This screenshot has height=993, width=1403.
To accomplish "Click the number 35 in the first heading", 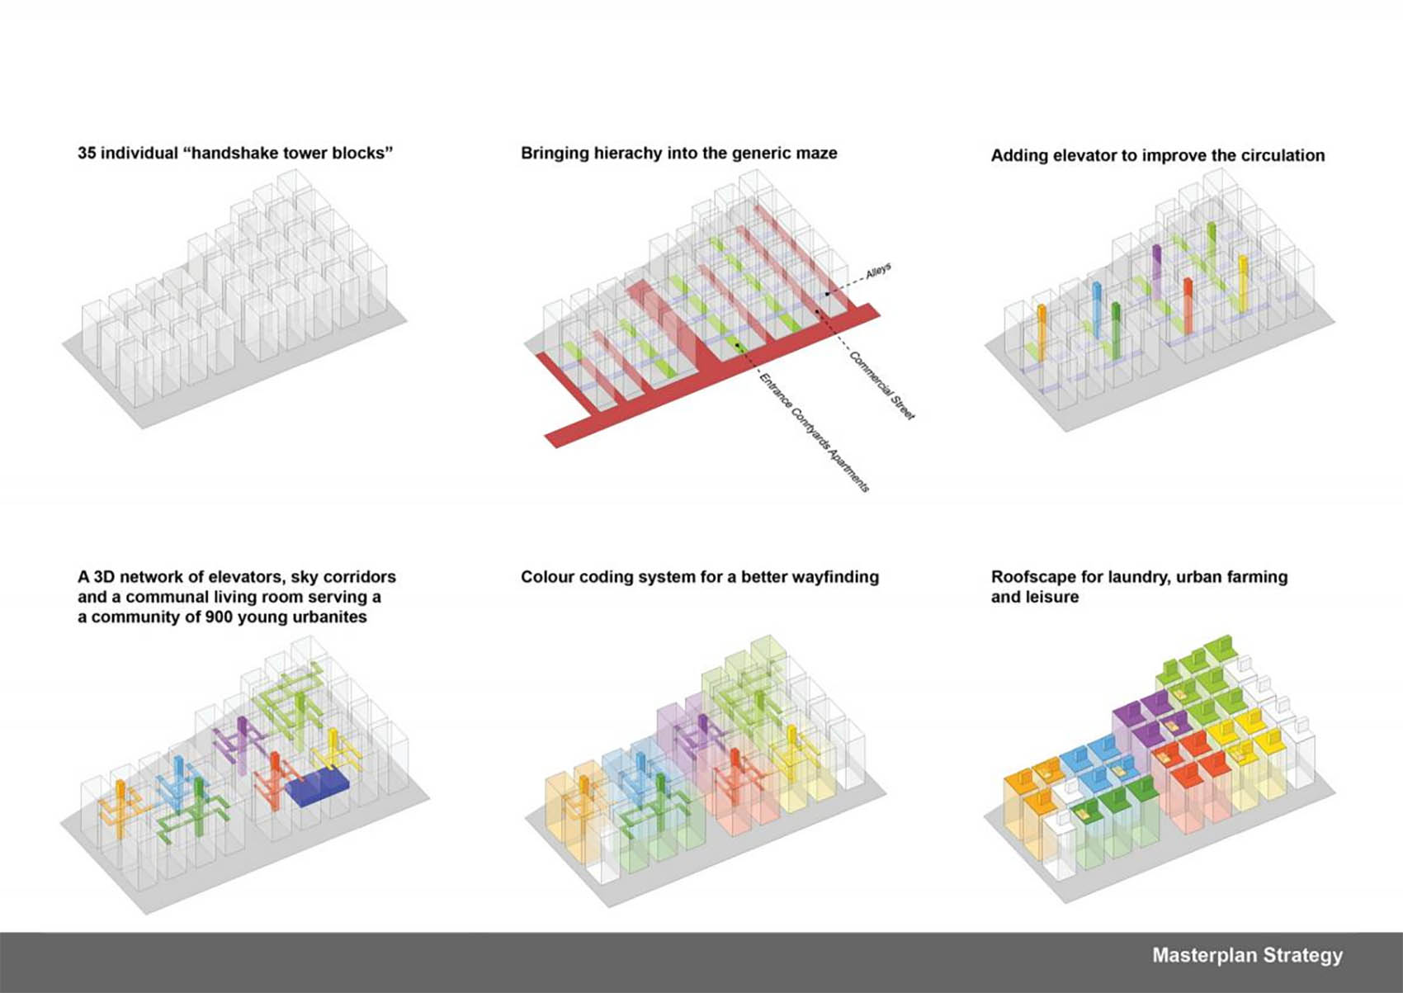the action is [x=87, y=153].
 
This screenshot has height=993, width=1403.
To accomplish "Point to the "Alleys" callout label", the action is [x=878, y=272].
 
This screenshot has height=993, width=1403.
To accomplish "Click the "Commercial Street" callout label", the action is [x=882, y=385].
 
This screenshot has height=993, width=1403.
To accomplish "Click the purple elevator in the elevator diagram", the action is [x=1156, y=269].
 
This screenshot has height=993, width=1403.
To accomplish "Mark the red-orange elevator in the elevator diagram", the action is [x=1188, y=305].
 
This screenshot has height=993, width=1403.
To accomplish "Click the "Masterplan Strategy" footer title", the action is [x=1248, y=955].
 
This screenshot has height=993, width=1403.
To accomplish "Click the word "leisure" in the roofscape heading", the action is [x=1056, y=597].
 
